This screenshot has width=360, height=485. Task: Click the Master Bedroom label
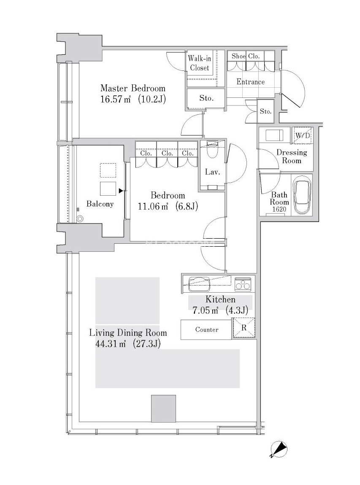point(133,88)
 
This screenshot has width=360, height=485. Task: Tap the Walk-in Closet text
point(200,63)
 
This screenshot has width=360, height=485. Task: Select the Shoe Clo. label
point(246,56)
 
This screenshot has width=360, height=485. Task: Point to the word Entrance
point(250,82)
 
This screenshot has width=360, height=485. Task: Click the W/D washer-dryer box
point(302,135)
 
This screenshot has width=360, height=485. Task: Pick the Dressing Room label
point(292,156)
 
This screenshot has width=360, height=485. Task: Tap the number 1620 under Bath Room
point(279,209)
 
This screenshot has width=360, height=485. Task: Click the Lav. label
point(212,172)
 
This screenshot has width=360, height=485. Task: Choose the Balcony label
point(100,204)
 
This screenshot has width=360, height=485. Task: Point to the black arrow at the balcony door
point(121,191)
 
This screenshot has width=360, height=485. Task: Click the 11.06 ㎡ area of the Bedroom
point(153,206)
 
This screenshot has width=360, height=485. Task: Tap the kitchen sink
point(199,284)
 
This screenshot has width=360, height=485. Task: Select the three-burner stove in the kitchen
point(243,284)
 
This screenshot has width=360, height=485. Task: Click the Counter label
point(206,329)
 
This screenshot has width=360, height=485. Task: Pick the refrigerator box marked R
point(244,328)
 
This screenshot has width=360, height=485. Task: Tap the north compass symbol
point(279,449)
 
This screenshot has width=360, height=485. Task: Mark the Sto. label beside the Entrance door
point(265,111)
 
